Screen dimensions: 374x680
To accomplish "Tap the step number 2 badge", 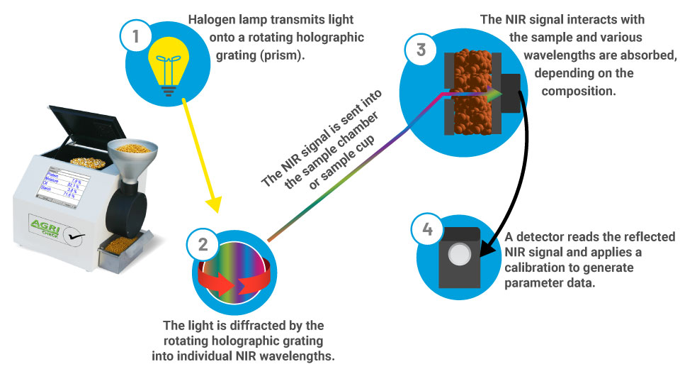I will pyautogui.click(x=203, y=245).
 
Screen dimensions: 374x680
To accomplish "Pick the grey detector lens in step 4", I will pyautogui.click(x=461, y=253).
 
